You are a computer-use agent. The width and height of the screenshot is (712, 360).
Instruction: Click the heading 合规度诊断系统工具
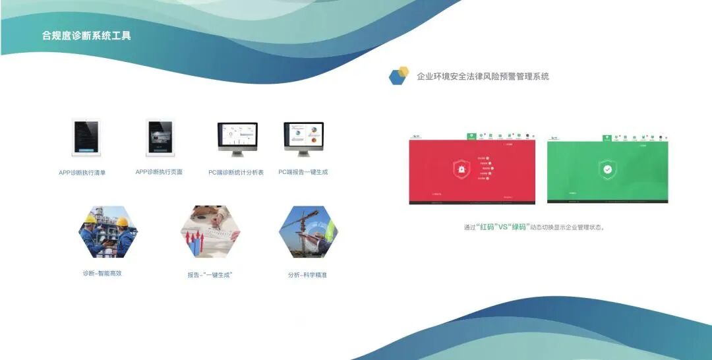coord(86,36)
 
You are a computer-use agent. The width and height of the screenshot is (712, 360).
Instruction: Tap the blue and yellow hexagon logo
coord(398,76)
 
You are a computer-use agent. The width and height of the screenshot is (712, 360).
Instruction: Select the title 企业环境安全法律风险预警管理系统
coord(483,76)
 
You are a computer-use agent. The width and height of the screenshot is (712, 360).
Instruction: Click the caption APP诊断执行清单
coord(82,173)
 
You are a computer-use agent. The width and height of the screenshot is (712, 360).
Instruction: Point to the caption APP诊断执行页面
coord(159,172)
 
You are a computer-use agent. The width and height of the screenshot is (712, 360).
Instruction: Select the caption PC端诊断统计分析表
coord(236,173)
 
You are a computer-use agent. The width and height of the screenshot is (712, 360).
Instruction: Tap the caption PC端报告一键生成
coord(303,172)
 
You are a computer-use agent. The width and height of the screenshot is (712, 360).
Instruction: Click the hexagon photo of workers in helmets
coord(108,231)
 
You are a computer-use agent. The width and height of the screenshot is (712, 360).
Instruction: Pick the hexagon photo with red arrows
coord(210,231)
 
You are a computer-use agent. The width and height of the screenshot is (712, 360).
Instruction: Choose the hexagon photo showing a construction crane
coord(308,231)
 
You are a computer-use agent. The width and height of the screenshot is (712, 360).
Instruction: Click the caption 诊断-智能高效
coord(102,273)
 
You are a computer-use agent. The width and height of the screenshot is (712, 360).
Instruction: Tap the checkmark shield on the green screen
coord(607,169)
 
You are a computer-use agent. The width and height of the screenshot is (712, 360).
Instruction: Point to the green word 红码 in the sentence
coord(487,227)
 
